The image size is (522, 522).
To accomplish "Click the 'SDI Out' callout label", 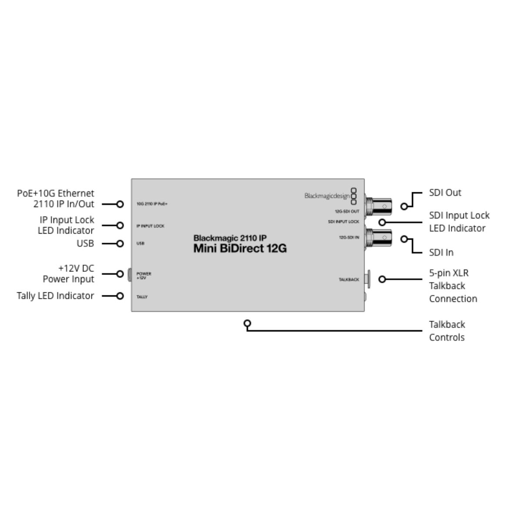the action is (x=445, y=193).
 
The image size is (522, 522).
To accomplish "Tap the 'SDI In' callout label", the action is (x=441, y=252).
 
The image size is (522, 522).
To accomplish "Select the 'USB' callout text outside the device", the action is (x=85, y=243).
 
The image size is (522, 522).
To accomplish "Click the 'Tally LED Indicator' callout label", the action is (x=55, y=295).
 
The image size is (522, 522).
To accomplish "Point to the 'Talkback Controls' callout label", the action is (x=447, y=331).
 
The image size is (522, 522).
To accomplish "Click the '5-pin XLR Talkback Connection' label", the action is (x=453, y=286).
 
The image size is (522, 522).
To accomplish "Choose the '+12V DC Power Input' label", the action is (x=68, y=274).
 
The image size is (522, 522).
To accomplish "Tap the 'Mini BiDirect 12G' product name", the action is (x=240, y=248).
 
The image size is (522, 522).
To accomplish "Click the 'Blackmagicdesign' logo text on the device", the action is (x=327, y=196).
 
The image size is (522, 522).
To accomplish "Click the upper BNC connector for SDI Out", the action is (x=378, y=207).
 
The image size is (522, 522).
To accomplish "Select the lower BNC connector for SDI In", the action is (x=378, y=238).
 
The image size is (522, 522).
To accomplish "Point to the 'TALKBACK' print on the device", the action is (x=349, y=280).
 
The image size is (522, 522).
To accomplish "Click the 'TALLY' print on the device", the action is (x=142, y=297).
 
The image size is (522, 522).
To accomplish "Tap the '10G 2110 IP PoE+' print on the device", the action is (x=152, y=204).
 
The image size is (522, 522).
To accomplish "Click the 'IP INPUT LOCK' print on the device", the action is (x=151, y=226).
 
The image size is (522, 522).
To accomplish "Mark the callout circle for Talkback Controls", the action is (x=248, y=323).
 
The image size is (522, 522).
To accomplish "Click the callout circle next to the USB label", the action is (x=120, y=244).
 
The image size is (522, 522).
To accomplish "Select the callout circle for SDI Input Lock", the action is (x=382, y=222).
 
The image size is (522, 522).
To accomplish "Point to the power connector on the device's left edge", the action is (x=130, y=274).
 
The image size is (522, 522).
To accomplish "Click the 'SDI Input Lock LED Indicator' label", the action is (x=459, y=221).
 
